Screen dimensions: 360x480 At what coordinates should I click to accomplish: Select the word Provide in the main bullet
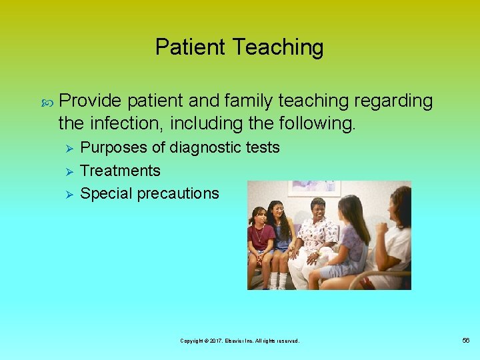pos(90,101)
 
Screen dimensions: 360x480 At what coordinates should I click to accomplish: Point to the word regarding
pos(394,101)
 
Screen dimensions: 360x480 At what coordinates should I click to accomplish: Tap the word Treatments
pos(120,171)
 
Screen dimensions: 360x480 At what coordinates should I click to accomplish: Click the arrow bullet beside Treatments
pos(65,171)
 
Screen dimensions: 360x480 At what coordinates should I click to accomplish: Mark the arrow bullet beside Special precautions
pos(65,194)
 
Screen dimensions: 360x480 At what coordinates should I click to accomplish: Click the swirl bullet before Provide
pos(47,102)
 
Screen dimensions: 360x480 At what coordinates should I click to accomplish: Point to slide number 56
pos(466,341)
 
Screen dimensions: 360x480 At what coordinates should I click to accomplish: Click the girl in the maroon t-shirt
pos(259,240)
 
